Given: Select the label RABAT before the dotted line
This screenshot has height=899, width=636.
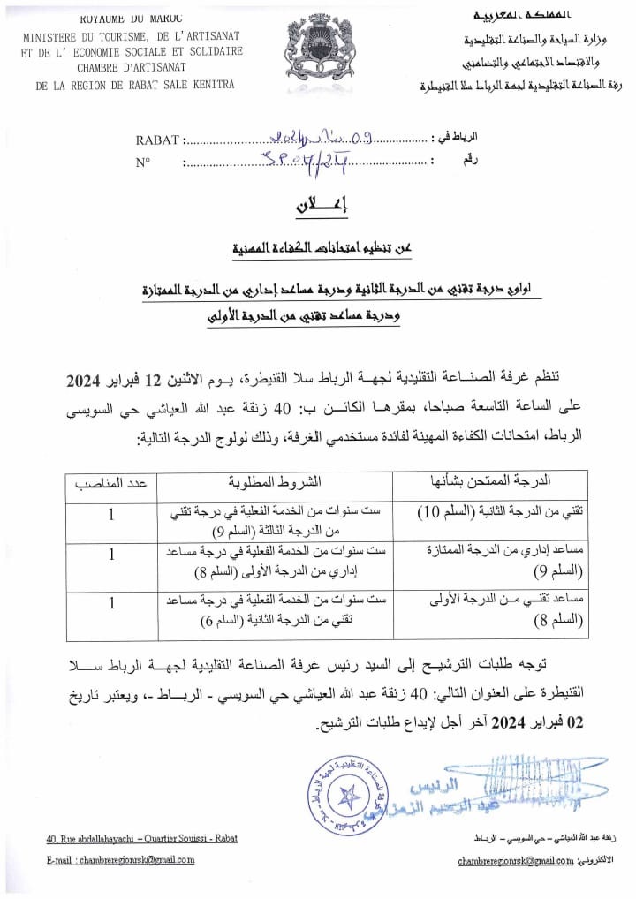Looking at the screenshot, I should (157, 140).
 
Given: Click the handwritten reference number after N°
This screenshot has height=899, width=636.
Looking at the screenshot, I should (297, 160).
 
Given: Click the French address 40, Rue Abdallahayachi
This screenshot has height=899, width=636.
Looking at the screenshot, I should (141, 839).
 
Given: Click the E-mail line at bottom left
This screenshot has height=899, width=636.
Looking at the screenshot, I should (120, 859).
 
